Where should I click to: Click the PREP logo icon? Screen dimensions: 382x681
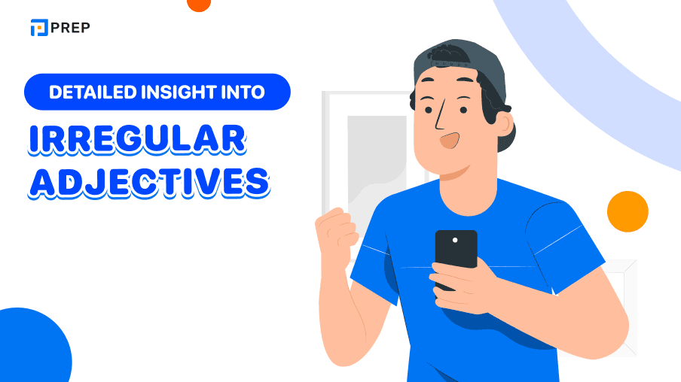click(x=38, y=28)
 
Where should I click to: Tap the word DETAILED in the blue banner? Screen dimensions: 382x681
click(x=88, y=92)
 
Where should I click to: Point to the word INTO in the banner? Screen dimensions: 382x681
click(x=243, y=92)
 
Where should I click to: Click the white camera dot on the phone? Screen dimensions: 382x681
click(x=455, y=240)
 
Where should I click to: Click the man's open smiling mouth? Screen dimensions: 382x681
click(x=450, y=141)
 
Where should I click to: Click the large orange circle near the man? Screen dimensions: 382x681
click(x=628, y=211)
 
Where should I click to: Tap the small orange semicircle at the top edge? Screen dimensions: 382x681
click(x=199, y=5)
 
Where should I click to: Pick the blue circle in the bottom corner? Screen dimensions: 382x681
click(x=30, y=350)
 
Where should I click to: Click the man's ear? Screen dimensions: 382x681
click(x=500, y=121)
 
